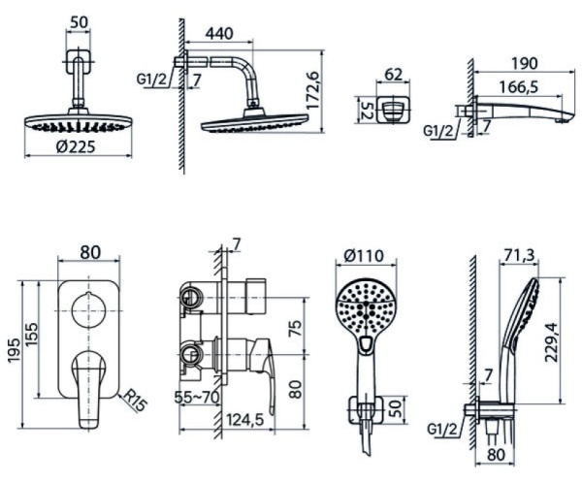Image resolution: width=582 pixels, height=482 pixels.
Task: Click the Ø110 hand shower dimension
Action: (364, 257)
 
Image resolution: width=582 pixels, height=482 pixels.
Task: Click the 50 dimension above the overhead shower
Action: (81, 21)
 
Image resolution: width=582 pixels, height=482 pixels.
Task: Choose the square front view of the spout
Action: (394, 109)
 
